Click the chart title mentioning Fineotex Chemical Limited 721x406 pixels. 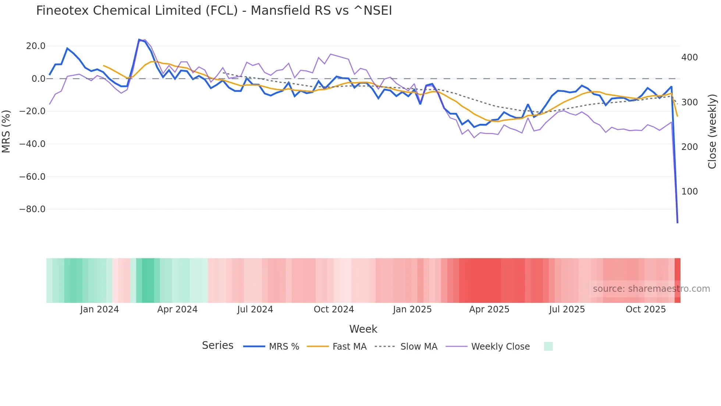pyautogui.click(x=214, y=11)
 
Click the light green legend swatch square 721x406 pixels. pyautogui.click(x=548, y=346)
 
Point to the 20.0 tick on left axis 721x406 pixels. pyautogui.click(x=36, y=46)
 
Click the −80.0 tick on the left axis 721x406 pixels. pyautogui.click(x=32, y=209)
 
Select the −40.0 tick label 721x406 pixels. pyautogui.click(x=32, y=144)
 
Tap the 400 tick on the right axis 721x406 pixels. pyautogui.click(x=689, y=57)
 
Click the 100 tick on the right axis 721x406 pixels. pyautogui.click(x=689, y=192)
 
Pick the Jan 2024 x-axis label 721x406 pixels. pyautogui.click(x=99, y=309)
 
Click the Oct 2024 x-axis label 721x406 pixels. pyautogui.click(x=334, y=309)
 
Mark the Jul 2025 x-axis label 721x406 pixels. pyautogui.click(x=567, y=309)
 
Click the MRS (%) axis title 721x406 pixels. pyautogui.click(x=6, y=132)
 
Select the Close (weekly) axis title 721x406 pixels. pyautogui.click(x=712, y=132)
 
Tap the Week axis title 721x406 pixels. pyautogui.click(x=363, y=329)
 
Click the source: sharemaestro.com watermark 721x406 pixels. pyautogui.click(x=651, y=289)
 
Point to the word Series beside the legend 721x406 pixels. pyautogui.click(x=217, y=346)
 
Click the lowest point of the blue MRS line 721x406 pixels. pyautogui.click(x=678, y=222)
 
